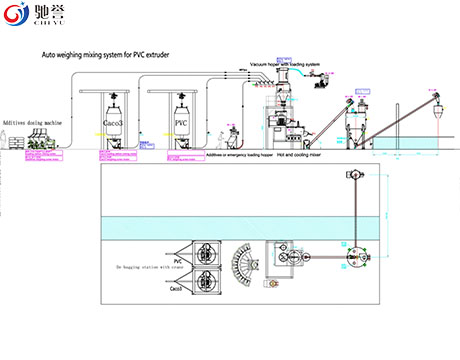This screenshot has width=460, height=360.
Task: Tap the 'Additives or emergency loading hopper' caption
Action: (237, 156)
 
